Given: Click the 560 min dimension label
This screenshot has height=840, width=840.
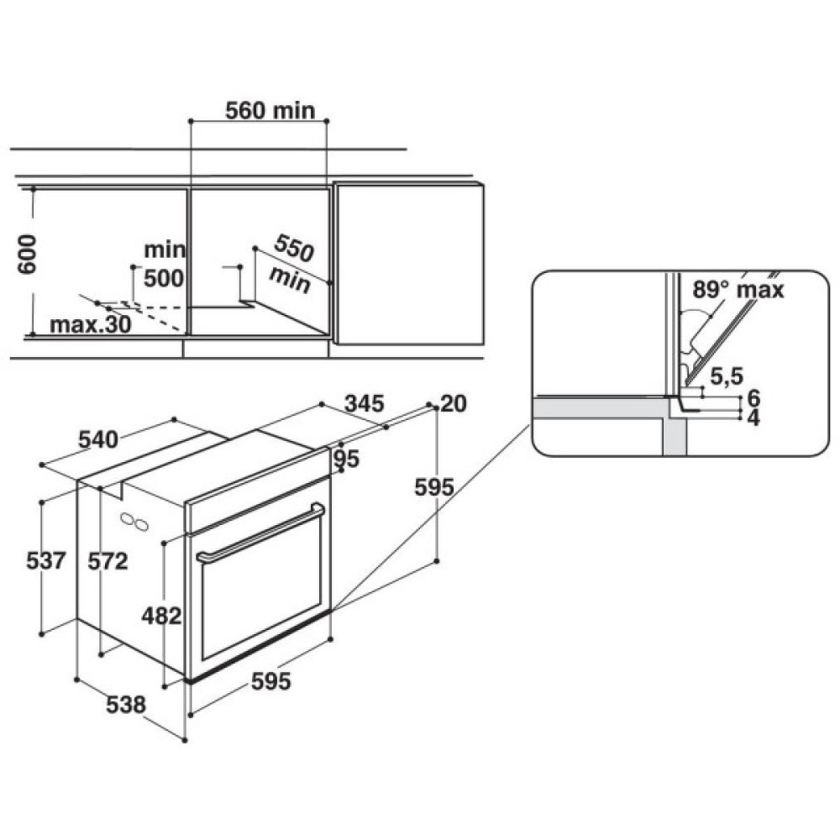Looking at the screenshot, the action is click(270, 110).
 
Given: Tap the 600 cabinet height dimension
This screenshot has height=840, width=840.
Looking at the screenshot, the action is click(27, 254).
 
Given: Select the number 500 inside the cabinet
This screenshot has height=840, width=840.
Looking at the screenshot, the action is click(164, 279).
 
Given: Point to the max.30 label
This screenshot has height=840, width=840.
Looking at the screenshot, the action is click(91, 324).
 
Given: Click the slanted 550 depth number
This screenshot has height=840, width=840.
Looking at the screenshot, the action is click(293, 249).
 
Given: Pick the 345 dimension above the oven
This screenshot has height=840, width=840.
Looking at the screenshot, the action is click(365, 403).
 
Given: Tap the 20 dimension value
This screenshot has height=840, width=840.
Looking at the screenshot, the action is click(454, 403).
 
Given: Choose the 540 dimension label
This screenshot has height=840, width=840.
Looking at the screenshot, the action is click(98, 439).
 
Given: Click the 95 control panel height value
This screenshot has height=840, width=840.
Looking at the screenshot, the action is click(347, 459).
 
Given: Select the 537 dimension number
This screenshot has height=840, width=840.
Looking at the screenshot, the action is click(46, 561).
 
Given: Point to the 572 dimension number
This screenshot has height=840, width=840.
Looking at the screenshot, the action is click(108, 561).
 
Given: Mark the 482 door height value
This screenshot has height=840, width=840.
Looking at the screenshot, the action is click(162, 616).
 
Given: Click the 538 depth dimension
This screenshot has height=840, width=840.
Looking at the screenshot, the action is click(126, 705).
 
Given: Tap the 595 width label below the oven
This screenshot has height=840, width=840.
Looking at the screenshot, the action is click(271, 681).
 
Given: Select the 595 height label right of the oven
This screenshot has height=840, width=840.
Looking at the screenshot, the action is click(434, 487).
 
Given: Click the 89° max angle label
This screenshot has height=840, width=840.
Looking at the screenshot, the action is click(738, 290).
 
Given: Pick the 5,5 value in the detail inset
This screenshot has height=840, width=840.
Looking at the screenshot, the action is click(727, 376).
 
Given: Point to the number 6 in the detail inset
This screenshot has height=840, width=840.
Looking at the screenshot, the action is click(753, 398).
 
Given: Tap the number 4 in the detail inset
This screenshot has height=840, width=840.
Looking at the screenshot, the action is click(753, 417).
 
